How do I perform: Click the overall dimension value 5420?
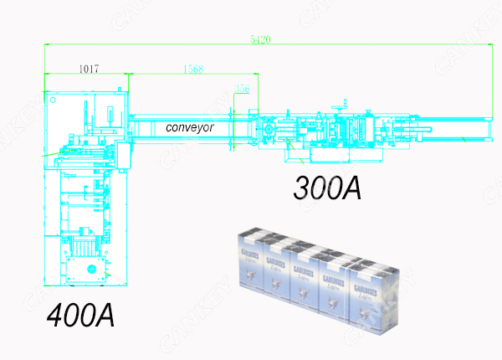tap(259, 38)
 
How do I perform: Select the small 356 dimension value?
tap(243, 88)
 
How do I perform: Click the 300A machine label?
tap(327, 188)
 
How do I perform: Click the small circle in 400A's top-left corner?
tap(54, 99)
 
